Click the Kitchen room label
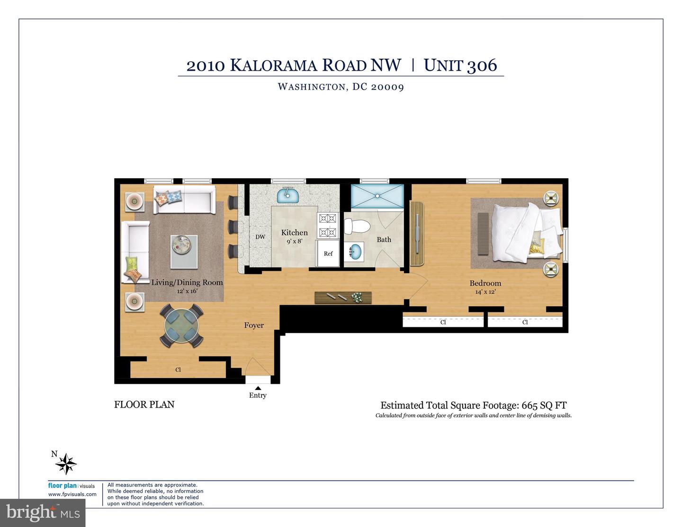click(294, 233)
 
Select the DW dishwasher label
click(260, 237)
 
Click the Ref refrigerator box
click(328, 254)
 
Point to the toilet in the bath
click(357, 227)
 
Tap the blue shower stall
click(377, 196)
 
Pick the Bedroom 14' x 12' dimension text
click(485, 292)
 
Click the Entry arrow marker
click(258, 388)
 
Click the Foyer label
click(254, 325)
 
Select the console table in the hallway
click(343, 298)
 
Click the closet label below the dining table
click(178, 370)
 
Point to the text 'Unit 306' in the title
click(460, 65)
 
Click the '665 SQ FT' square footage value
click(544, 405)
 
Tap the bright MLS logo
click(43, 512)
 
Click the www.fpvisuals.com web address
click(72, 494)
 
